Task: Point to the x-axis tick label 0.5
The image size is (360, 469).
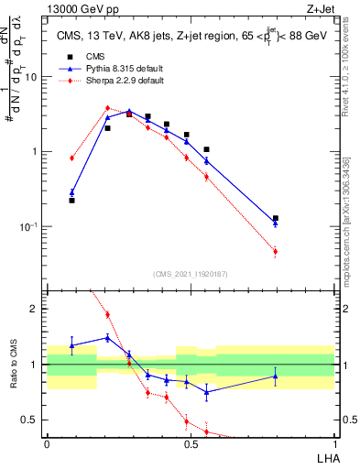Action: [191, 444]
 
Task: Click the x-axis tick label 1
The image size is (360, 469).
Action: [334, 444]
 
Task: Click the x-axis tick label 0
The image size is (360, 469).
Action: [47, 444]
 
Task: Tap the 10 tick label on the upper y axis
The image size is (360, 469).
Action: [31, 77]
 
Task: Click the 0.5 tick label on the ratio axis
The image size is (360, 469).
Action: [31, 420]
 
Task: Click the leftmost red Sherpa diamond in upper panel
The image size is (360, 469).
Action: [72, 158]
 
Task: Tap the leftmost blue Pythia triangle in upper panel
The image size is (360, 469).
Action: [72, 192]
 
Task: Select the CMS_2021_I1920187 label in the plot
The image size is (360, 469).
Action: [191, 273]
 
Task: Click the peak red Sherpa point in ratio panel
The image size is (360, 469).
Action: [107, 314]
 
